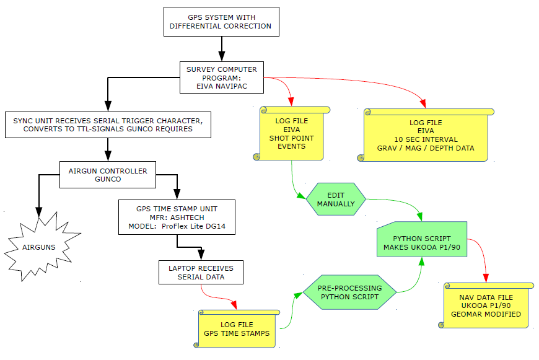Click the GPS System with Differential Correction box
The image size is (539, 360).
coord(221,22)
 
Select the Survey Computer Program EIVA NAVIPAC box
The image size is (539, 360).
coord(222,78)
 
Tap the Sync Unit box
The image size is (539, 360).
coord(107,125)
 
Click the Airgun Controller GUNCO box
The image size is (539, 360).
coord(108,174)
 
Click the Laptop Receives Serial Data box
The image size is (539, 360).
coord(201,273)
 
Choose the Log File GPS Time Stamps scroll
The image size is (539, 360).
coord(237,329)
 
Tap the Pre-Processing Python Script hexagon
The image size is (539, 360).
coord(349,292)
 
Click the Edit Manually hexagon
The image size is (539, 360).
coord(336,199)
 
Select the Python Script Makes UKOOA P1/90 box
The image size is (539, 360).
coord(421,242)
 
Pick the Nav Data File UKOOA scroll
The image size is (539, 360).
coord(486,305)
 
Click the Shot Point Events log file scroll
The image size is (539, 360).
coord(291,133)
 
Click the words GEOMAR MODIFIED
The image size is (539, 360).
coord(486,314)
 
